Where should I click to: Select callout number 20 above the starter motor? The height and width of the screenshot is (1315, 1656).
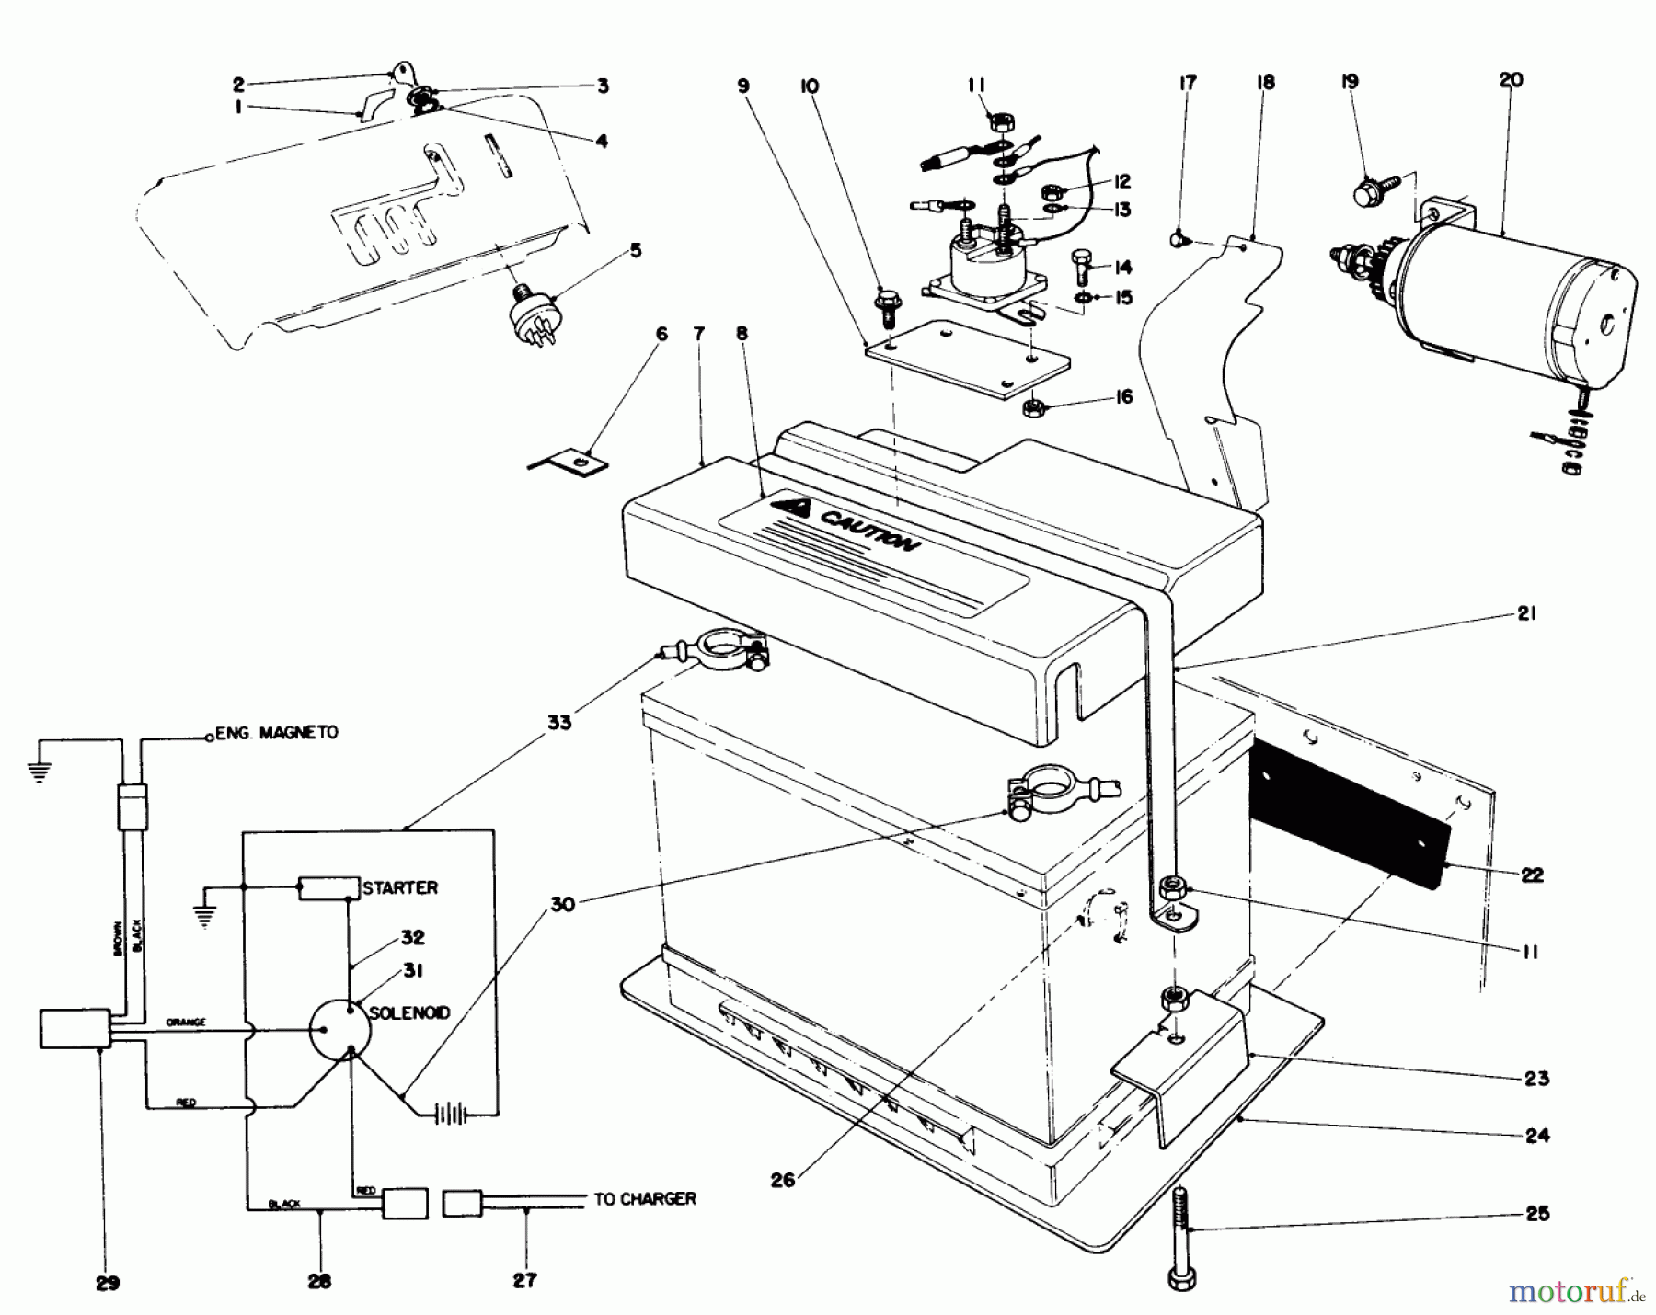point(1511,81)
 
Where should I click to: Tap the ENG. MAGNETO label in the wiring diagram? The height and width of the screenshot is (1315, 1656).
point(276,733)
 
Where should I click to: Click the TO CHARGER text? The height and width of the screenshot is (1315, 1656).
point(644,1199)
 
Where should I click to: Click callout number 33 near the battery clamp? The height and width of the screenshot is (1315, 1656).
point(558,722)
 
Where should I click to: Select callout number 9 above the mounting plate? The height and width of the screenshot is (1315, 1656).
point(743,86)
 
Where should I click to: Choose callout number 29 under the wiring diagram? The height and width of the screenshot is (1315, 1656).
point(108,1284)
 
